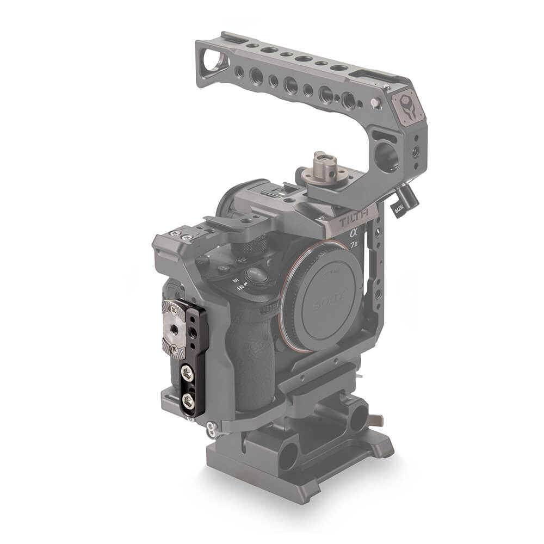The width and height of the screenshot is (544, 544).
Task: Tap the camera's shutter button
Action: coord(257,275)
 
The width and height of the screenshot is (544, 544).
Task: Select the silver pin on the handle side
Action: coord(375,102)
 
